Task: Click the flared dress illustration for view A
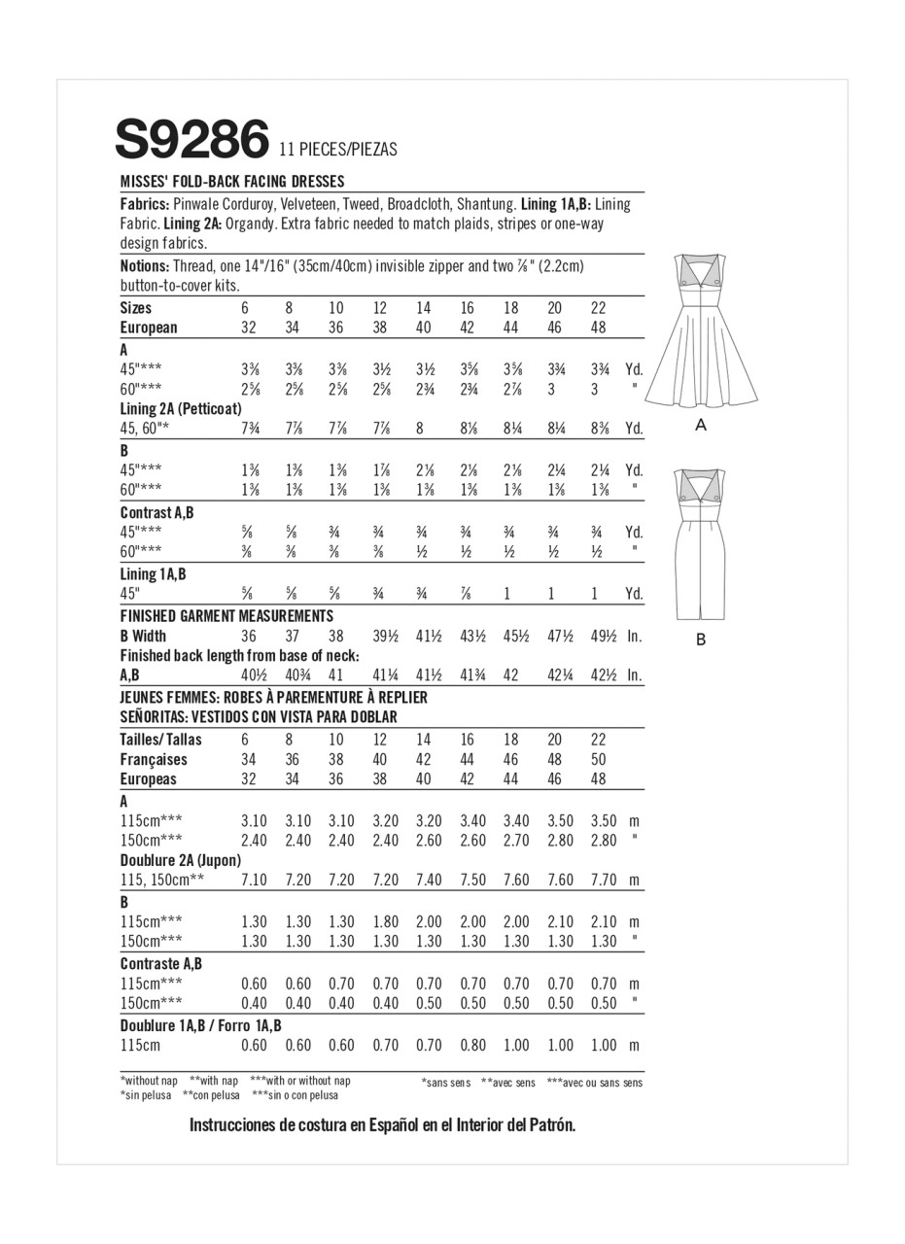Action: [x=701, y=335]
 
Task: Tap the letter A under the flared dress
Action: [x=701, y=426]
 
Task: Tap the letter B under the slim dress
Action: [x=701, y=639]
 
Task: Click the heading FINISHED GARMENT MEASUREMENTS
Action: [x=226, y=616]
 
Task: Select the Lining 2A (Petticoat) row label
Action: [x=181, y=409]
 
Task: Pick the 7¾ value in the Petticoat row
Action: [x=250, y=429]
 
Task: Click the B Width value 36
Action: [x=249, y=637]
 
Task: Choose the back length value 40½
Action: [x=253, y=675]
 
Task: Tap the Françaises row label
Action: [x=154, y=760]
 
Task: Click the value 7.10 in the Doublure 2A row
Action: [x=253, y=881]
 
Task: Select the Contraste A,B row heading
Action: [x=161, y=964]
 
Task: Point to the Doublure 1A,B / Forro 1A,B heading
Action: [x=201, y=1026]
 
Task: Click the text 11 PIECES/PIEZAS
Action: [x=337, y=151]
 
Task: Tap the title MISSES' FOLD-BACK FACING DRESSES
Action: [x=232, y=182]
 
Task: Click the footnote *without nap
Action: [x=149, y=1081]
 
